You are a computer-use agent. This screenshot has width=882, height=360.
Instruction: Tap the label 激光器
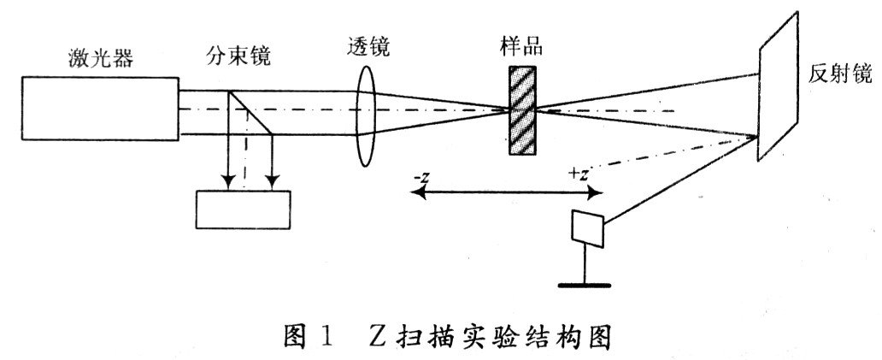[x=101, y=59]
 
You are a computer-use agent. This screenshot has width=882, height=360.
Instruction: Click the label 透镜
[x=369, y=48]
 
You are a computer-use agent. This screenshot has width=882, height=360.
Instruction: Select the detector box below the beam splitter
[x=243, y=209]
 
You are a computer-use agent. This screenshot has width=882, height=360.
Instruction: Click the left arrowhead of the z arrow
[x=416, y=194]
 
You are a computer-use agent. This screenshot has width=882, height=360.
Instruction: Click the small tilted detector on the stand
[x=587, y=226]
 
